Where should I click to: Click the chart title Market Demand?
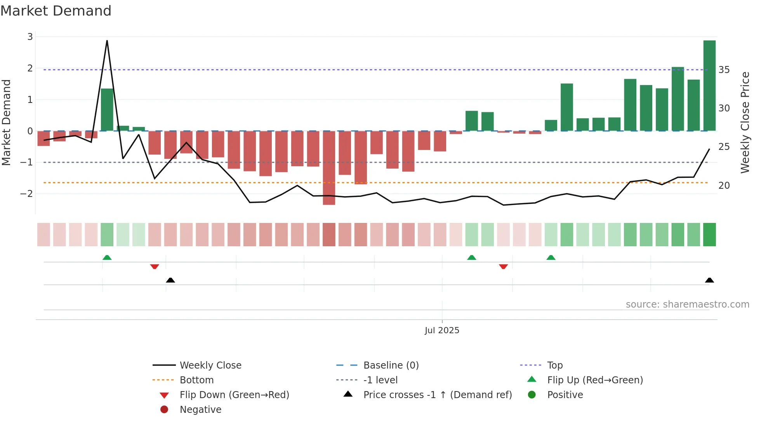tap(56, 11)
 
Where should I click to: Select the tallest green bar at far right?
tap(709, 85)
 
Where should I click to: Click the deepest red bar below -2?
tap(329, 168)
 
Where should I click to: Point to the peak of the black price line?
tap(107, 41)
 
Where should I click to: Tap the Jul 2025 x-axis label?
tap(442, 331)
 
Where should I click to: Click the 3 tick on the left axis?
tap(30, 37)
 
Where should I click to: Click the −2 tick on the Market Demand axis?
tap(27, 194)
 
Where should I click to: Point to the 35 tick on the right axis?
tap(724, 70)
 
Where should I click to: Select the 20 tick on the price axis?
tap(724, 186)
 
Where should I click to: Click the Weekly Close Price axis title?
tap(745, 122)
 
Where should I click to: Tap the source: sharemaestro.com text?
tap(687, 304)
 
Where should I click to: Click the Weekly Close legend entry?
tap(210, 365)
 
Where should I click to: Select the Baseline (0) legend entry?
tap(391, 365)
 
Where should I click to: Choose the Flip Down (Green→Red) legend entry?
tap(234, 395)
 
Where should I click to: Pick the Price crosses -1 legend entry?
tap(437, 395)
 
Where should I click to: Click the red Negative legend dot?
tap(164, 410)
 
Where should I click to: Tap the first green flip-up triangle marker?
tap(107, 257)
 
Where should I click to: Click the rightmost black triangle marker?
tap(709, 280)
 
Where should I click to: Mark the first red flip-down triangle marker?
tap(155, 267)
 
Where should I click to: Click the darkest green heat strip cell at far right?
tap(709, 235)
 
